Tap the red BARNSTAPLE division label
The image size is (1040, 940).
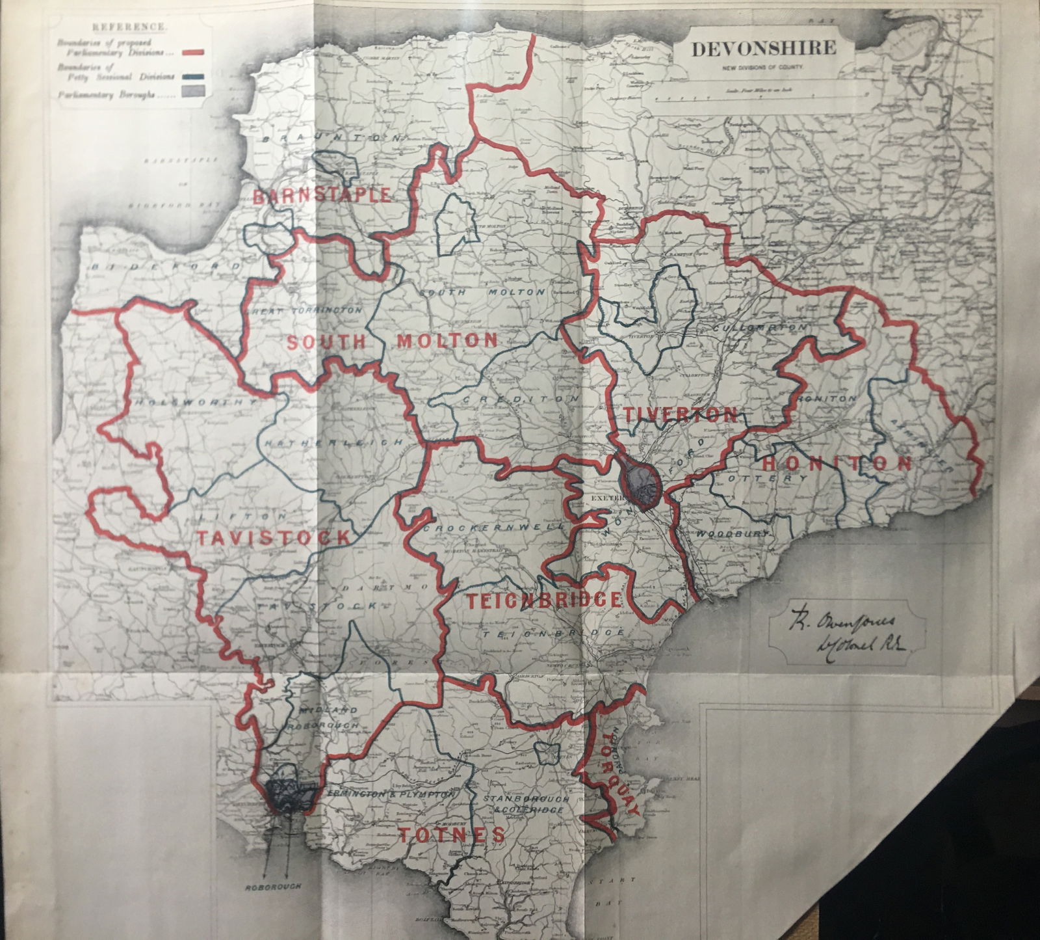pyautogui.click(x=321, y=196)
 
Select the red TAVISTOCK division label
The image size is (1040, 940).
pyautogui.click(x=272, y=537)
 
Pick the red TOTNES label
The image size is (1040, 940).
pyautogui.click(x=450, y=835)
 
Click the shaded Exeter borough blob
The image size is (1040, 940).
pyautogui.click(x=640, y=482)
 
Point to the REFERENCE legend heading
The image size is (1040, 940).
pyautogui.click(x=129, y=28)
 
